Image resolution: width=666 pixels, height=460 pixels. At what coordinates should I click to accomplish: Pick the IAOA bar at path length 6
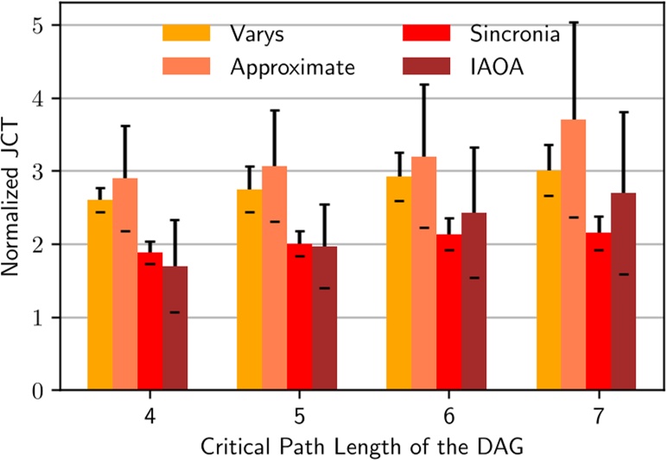tap(474, 301)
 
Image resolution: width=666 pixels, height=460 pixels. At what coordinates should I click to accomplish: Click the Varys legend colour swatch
tap(187, 34)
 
